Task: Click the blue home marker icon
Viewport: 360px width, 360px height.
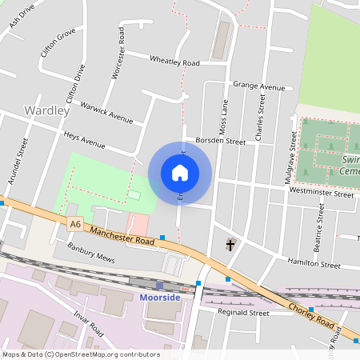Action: coord(180,172)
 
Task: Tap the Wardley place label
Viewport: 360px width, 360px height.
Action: coord(47,110)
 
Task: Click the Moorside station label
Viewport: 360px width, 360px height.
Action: coord(159,298)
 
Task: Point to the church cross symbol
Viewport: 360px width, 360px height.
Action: coord(231,244)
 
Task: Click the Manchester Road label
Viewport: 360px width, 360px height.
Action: coord(121,238)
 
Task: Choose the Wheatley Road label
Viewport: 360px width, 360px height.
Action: coord(175,61)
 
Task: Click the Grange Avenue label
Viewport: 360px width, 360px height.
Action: coord(258,86)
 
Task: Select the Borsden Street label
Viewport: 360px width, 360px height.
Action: coord(221,141)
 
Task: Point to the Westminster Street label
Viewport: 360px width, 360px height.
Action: coord(322,193)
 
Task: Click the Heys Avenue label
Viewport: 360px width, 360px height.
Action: coord(85,141)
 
